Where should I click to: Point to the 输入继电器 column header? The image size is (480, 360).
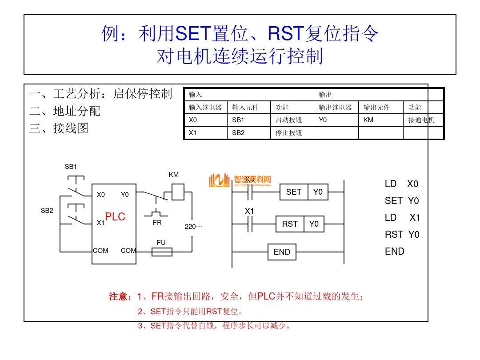[x=205, y=107]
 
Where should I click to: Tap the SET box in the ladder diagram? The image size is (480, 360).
[x=294, y=192]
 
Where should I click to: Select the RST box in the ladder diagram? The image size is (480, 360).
[x=290, y=224]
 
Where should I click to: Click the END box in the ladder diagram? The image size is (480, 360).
[x=282, y=252]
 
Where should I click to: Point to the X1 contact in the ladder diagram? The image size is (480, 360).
[x=249, y=224]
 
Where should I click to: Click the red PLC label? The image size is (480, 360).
[x=115, y=217]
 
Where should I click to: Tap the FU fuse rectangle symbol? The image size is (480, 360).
[x=162, y=252]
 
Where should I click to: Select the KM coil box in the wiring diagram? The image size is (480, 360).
[x=177, y=192]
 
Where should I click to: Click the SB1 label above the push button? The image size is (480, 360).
[x=71, y=167]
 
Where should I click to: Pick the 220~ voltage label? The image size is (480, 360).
[x=193, y=227]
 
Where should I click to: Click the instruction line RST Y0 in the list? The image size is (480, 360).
[x=402, y=235]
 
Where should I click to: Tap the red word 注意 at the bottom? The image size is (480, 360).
[x=120, y=296]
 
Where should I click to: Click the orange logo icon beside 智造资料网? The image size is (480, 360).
[x=219, y=180]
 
